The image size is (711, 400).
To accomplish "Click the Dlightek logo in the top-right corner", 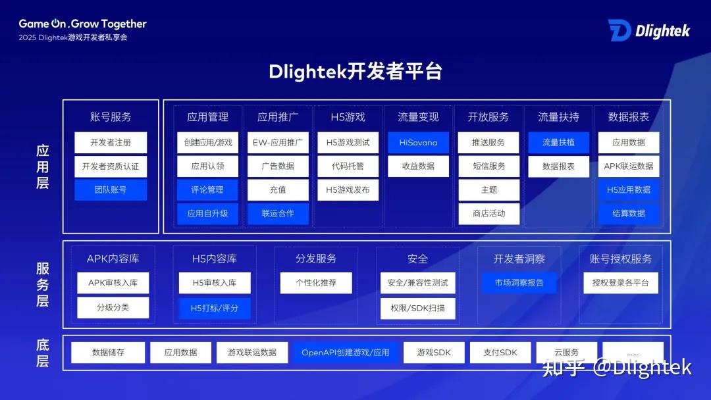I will [x=648, y=30].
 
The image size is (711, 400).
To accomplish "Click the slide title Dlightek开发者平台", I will [x=355, y=72].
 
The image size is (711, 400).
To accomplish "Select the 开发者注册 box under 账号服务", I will [x=111, y=143].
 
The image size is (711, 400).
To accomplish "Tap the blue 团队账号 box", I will [x=111, y=190].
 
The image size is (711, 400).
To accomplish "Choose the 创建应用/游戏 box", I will [x=207, y=143].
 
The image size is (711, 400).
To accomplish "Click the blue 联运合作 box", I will [x=278, y=214].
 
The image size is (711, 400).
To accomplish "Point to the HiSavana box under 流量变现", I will [x=418, y=143].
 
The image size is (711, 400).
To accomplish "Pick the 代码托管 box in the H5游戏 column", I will [x=348, y=166].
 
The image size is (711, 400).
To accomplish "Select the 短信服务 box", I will [x=488, y=166].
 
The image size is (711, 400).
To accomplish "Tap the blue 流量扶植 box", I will [x=558, y=143].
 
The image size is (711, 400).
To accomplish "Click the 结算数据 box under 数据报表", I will [x=629, y=214].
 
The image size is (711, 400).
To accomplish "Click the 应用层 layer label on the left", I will [x=43, y=167].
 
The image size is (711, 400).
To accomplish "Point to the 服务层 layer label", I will [x=43, y=284].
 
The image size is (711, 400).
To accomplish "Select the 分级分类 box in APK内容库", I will [x=113, y=308].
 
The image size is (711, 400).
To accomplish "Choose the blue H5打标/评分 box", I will [x=215, y=308].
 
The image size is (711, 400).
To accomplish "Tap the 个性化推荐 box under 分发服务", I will [x=316, y=283].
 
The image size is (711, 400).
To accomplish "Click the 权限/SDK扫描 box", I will [x=417, y=308].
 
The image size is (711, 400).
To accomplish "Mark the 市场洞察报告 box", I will [x=519, y=283].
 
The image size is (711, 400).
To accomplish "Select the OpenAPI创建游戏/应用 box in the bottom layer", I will [x=346, y=353].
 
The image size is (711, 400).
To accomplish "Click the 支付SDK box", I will [x=500, y=353].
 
